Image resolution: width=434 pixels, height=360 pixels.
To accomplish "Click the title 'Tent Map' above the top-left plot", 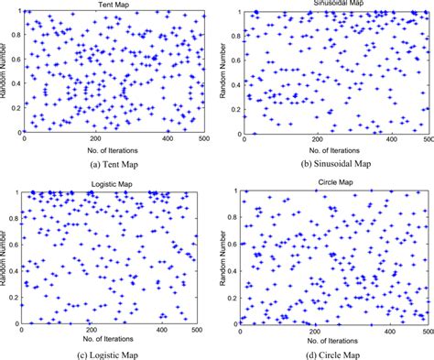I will click(111, 5).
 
